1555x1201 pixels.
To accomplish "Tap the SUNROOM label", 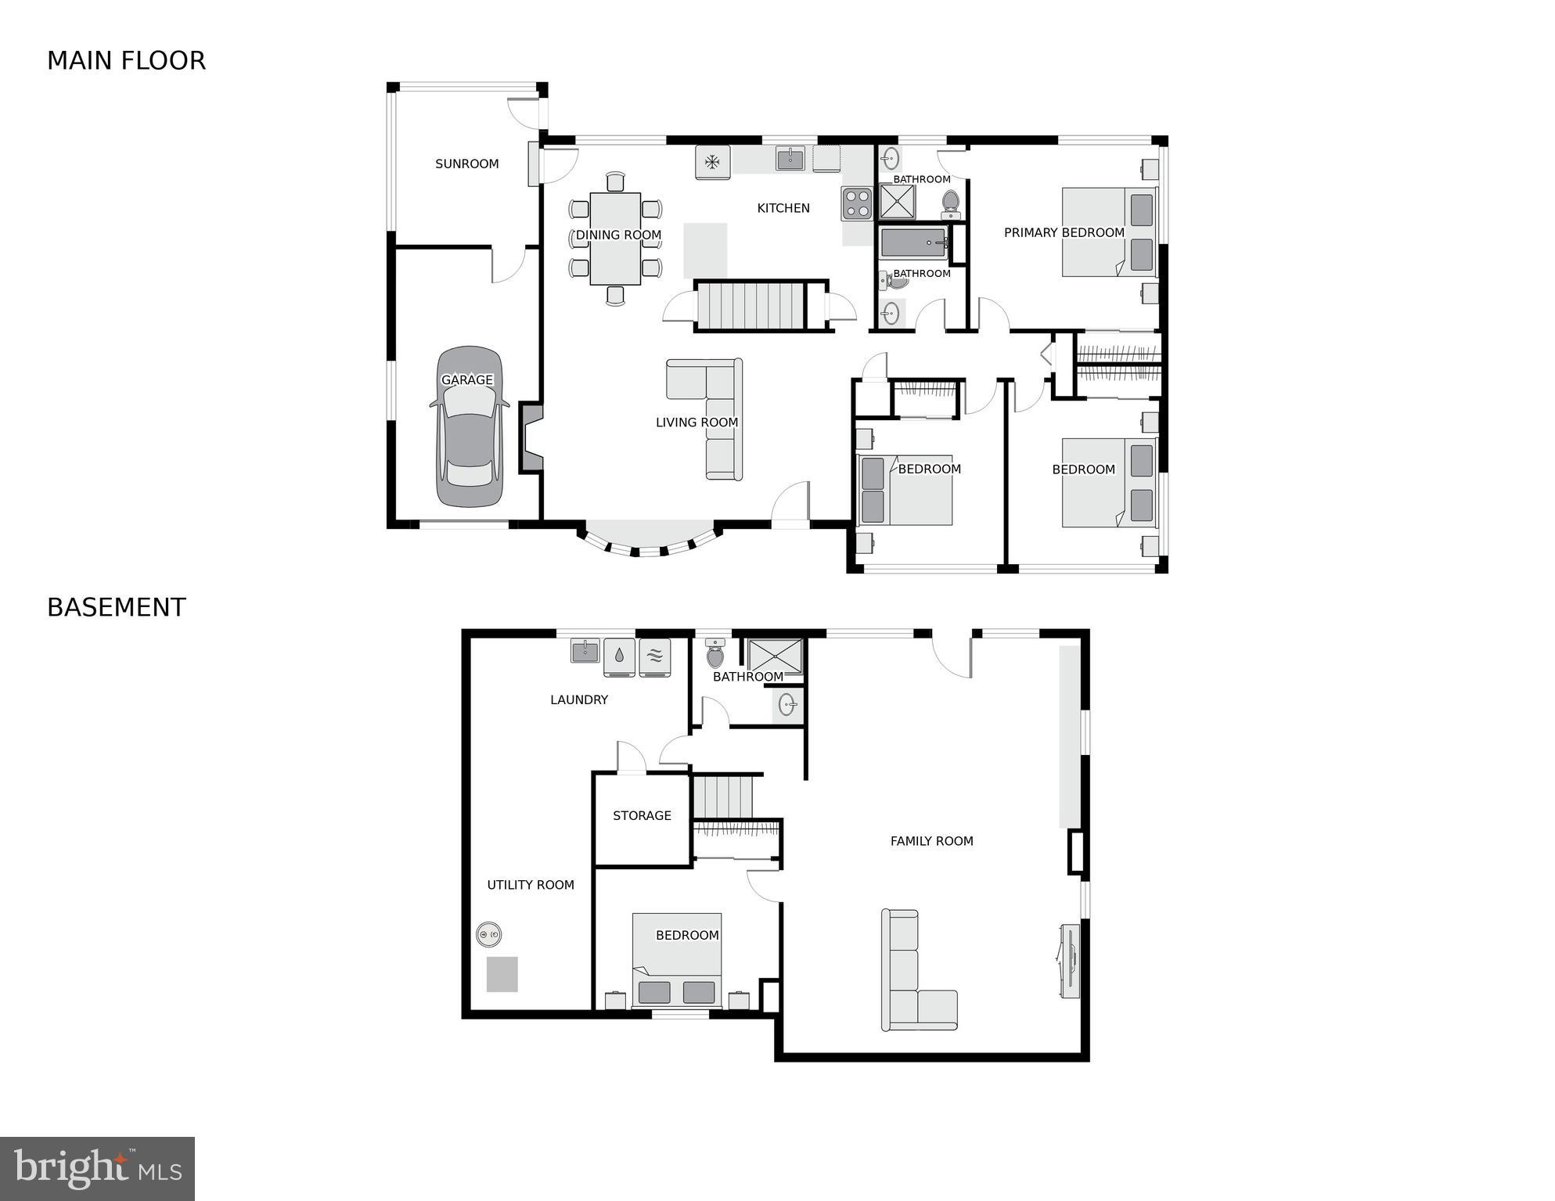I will pyautogui.click(x=467, y=164).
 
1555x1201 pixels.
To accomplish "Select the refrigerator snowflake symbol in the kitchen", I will pyautogui.click(x=712, y=162).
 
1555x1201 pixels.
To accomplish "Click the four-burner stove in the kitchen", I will pyautogui.click(x=857, y=203).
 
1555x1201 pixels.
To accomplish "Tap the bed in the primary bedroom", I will pyautogui.click(x=1108, y=232).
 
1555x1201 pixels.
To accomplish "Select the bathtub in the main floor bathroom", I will pyautogui.click(x=914, y=243).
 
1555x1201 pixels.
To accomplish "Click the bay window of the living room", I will pyautogui.click(x=649, y=539).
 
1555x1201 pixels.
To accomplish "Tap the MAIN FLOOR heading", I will pyautogui.click(x=126, y=60).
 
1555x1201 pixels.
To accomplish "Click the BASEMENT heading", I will pyautogui.click(x=117, y=607).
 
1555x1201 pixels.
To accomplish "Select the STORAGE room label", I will pyautogui.click(x=642, y=815).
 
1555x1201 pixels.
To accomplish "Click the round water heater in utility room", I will pyautogui.click(x=488, y=934).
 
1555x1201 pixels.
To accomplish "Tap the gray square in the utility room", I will pyautogui.click(x=502, y=974).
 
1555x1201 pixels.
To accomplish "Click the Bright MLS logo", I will pyautogui.click(x=97, y=1168).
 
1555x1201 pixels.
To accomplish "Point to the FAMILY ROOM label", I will pyautogui.click(x=931, y=841).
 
